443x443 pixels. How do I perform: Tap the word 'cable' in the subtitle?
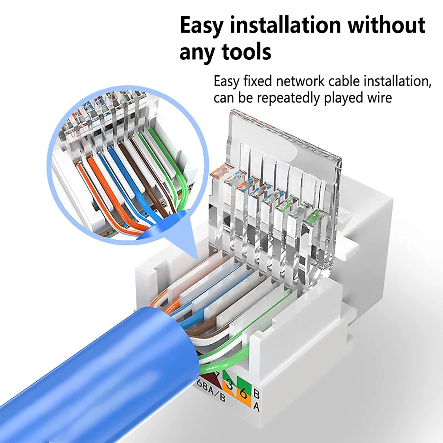point(347,81)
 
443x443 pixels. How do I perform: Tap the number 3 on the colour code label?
point(229,385)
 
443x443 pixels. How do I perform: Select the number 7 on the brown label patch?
point(217,375)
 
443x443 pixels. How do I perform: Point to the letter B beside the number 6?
point(256,394)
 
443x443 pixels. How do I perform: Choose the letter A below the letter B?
point(256,407)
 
